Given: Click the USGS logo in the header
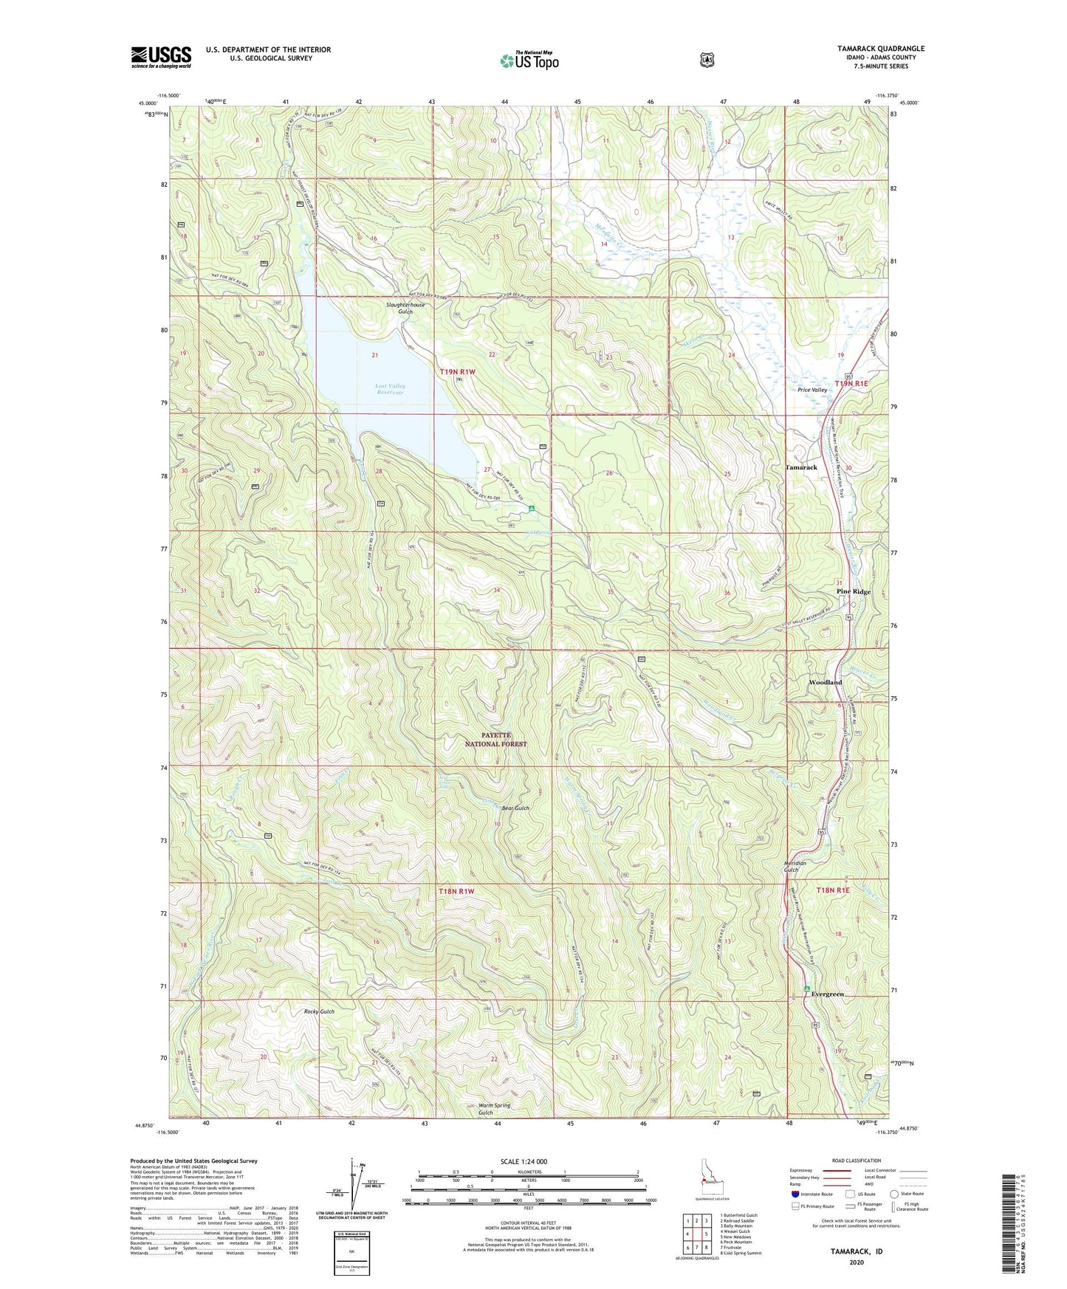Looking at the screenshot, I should click(161, 57).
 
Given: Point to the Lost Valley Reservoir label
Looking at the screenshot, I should click(390, 389).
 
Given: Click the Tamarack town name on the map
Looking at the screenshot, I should click(801, 467).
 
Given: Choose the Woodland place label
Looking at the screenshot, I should click(825, 682).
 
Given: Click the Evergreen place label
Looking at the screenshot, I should click(827, 994).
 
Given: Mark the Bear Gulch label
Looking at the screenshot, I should click(512, 808).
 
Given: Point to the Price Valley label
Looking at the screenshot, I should click(812, 390).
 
